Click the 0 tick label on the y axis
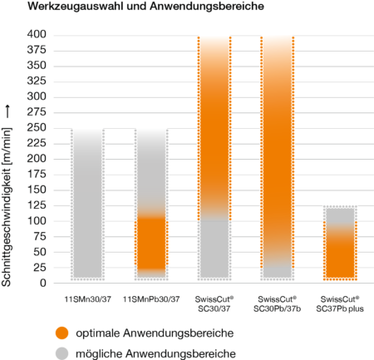(x=42, y=283)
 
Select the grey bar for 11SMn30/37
(x=89, y=203)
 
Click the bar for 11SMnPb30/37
(x=151, y=203)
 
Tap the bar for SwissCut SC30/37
(x=214, y=158)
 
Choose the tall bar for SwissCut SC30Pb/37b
(x=277, y=158)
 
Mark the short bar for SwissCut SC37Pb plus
(x=339, y=242)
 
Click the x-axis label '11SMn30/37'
(x=89, y=298)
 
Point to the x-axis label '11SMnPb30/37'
(x=151, y=298)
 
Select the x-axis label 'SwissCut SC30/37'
(x=214, y=302)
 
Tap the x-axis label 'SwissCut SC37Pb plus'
(x=339, y=302)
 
